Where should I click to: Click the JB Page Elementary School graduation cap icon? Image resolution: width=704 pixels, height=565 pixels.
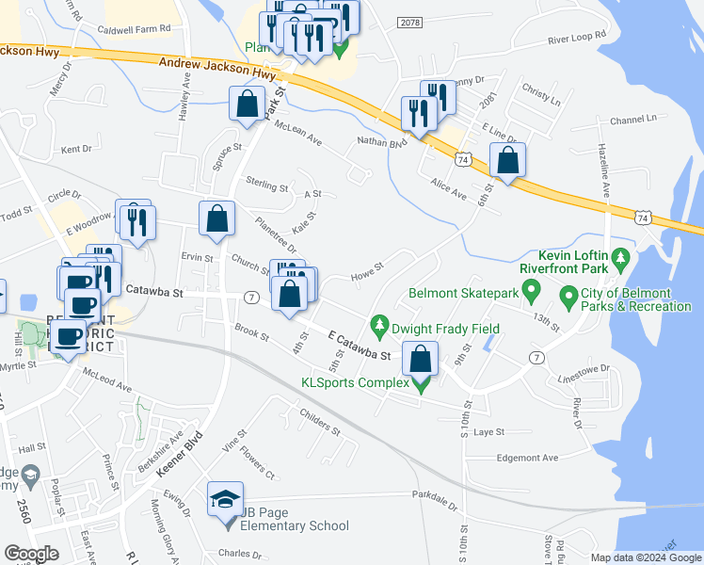pyautogui.click(x=226, y=498)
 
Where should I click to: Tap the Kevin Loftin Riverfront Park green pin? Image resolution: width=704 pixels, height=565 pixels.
pyautogui.click(x=620, y=256)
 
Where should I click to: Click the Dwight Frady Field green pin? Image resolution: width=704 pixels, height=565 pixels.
pyautogui.click(x=379, y=326)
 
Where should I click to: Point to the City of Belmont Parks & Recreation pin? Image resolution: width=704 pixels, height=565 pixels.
pyautogui.click(x=568, y=298)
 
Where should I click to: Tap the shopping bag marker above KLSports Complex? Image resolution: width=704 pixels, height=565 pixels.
pyautogui.click(x=420, y=359)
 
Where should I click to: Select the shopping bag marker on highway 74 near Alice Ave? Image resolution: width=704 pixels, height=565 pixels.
pyautogui.click(x=507, y=161)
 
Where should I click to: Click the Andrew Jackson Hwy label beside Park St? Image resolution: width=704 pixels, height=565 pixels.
pyautogui.click(x=217, y=67)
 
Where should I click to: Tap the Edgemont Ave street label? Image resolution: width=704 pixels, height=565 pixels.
pyautogui.click(x=528, y=458)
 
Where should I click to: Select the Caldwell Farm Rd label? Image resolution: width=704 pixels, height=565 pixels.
pyautogui.click(x=136, y=31)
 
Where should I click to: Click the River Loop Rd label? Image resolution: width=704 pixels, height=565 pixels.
pyautogui.click(x=576, y=39)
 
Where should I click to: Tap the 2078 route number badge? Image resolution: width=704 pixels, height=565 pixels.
pyautogui.click(x=409, y=22)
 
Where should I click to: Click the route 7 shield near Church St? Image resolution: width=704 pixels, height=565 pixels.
pyautogui.click(x=251, y=297)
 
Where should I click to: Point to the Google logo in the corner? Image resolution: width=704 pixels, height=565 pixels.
pyautogui.click(x=31, y=554)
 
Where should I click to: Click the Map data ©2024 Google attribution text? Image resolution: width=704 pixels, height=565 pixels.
pyautogui.click(x=646, y=557)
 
